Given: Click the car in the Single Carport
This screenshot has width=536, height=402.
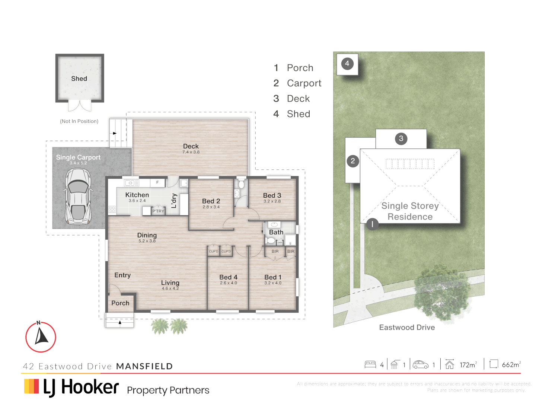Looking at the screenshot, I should (78, 196).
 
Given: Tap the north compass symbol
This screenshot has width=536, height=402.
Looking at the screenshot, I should (41, 337).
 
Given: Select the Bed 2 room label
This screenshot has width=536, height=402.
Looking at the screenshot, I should (211, 201).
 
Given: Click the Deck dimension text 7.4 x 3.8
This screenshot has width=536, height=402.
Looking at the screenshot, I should (191, 152).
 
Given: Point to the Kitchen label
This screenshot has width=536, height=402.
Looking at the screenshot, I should (137, 195).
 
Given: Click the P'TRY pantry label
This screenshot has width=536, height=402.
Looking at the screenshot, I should (158, 211).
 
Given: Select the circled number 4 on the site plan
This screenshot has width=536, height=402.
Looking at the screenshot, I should (347, 64).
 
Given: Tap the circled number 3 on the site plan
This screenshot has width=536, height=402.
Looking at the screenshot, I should (401, 138).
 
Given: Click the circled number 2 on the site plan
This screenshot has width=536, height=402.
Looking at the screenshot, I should (352, 161).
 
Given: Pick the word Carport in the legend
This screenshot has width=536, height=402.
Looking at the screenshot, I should (304, 83).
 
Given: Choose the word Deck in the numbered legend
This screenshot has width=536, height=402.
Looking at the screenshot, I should (298, 99).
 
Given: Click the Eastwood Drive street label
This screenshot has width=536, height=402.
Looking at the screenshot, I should (407, 328).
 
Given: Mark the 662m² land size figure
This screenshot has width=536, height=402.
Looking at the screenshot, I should (511, 365).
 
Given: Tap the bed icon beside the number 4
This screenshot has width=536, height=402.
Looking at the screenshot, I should (370, 364).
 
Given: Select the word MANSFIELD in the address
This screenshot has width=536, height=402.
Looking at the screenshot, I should (144, 366).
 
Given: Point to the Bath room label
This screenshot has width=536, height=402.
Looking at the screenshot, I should (276, 232).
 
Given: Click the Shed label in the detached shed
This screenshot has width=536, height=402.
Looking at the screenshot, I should (79, 79).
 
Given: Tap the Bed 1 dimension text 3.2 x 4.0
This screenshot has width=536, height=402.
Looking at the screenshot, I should (273, 283).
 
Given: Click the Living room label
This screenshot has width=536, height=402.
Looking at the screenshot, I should (170, 283).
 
